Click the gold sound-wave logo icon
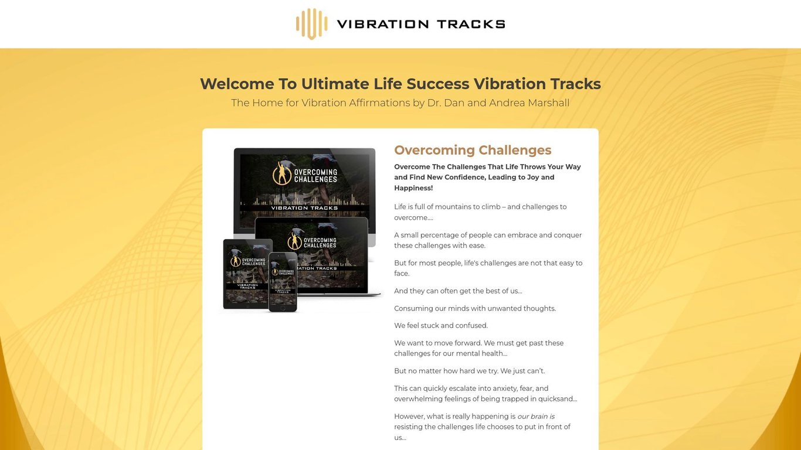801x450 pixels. pos(311,24)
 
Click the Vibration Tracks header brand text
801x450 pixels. pos(420,24)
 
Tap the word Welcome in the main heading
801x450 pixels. pos(236,84)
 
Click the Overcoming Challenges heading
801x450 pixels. pos(473,150)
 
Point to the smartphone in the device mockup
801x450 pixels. pos(283,281)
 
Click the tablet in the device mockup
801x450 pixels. pos(247,273)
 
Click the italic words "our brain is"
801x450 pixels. pos(536,417)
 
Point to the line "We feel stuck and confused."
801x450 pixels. pos(441,326)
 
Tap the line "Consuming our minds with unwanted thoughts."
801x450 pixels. pos(475,308)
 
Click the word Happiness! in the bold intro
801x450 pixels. pos(413,188)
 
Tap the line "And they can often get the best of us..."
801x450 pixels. pos(458,291)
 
